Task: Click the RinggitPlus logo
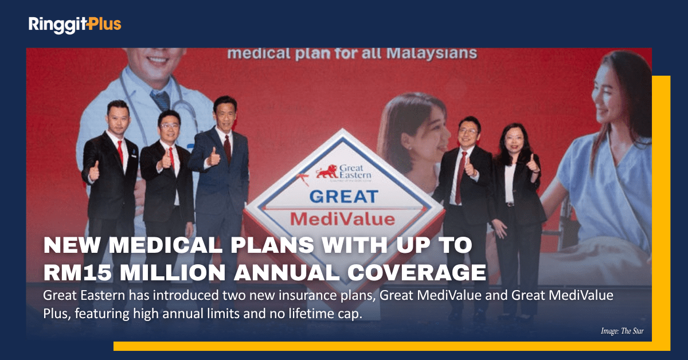75,24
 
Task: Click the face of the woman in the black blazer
513,137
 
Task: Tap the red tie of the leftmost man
120,152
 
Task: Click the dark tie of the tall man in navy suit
228,149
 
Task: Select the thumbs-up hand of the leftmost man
94,170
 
